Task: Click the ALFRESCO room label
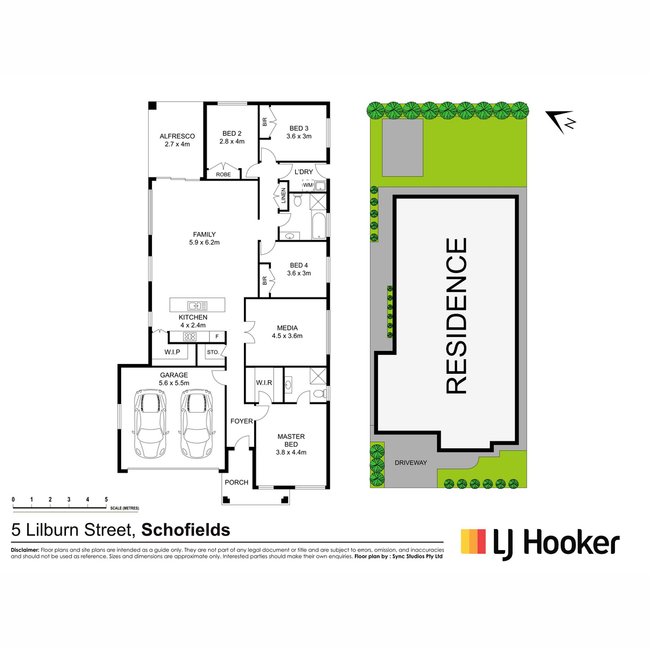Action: click(x=177, y=136)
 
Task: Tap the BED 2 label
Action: click(x=231, y=134)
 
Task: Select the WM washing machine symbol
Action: click(x=308, y=185)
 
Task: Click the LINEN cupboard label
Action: click(x=283, y=196)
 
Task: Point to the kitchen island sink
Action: click(x=198, y=306)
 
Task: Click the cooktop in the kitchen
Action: click(x=190, y=336)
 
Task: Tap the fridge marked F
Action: click(x=217, y=336)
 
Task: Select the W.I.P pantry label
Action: click(x=172, y=352)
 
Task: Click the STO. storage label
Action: click(x=213, y=352)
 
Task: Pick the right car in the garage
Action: click(x=197, y=423)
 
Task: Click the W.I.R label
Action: click(x=264, y=382)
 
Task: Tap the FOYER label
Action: click(x=241, y=421)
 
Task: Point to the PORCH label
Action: click(x=236, y=482)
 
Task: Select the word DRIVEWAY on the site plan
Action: click(x=410, y=463)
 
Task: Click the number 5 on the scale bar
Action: click(x=106, y=500)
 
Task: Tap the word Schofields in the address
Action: click(x=186, y=530)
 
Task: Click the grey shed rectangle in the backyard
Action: click(x=402, y=147)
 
